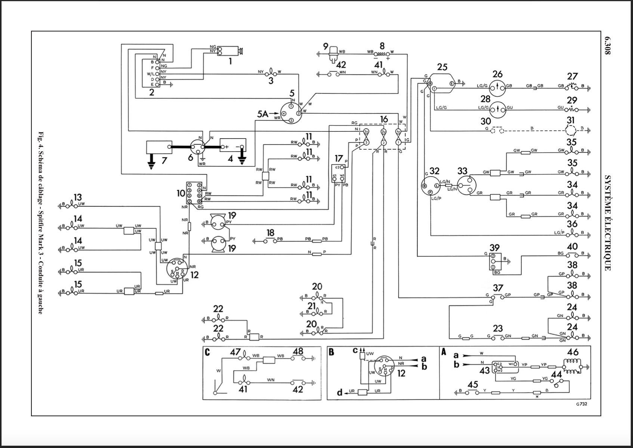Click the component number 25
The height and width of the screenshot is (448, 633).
pyautogui.click(x=442, y=67)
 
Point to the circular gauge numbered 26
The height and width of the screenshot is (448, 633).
pyautogui.click(x=497, y=86)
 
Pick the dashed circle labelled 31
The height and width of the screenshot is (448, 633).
pyautogui.click(x=571, y=130)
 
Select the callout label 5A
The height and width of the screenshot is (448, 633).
pyautogui.click(x=263, y=114)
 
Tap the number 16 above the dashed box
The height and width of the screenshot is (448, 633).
pyautogui.click(x=384, y=119)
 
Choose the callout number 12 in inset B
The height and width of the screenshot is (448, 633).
pyautogui.click(x=401, y=373)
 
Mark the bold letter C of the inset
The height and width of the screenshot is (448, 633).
pyautogui.click(x=207, y=352)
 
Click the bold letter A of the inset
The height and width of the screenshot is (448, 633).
pyautogui.click(x=444, y=352)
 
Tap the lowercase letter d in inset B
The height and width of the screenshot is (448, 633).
pyautogui.click(x=339, y=392)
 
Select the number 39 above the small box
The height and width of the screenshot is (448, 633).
pyautogui.click(x=494, y=248)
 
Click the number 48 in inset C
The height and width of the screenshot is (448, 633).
pyautogui.click(x=298, y=351)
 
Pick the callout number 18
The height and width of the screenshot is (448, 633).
pyautogui.click(x=270, y=233)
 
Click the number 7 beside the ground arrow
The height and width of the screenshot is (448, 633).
pyautogui.click(x=164, y=161)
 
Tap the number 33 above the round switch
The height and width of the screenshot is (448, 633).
pyautogui.click(x=462, y=171)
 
